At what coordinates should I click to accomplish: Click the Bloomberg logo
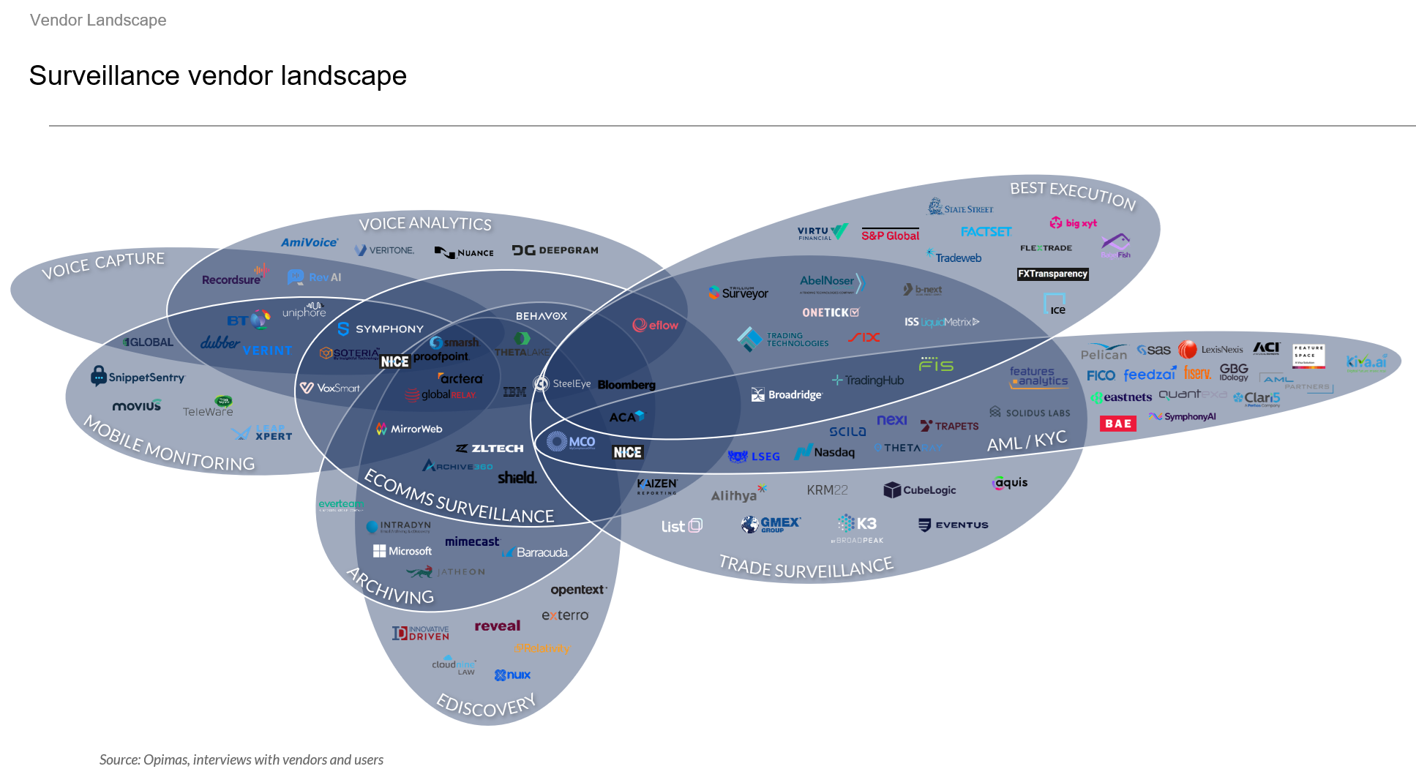coord(626,385)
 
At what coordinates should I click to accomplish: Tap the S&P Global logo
coord(890,235)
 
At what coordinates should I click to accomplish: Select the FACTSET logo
coord(986,232)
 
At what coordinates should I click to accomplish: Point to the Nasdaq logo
coord(825,452)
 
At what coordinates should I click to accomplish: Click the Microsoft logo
coord(402,551)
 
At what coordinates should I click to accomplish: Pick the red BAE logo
coord(1118,424)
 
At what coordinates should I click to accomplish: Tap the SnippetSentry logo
coord(138,377)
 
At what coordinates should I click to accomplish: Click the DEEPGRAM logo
coord(555,250)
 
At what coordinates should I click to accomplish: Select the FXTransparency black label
coord(1052,274)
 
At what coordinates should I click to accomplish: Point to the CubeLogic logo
coord(920,489)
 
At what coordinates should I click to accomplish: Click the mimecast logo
coord(472,541)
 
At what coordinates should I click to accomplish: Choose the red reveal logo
coord(497,626)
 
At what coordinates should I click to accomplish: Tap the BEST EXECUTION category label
coord(1072,195)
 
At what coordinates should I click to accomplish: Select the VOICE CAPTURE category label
coord(103,265)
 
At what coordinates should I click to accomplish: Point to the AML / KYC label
coord(1027,441)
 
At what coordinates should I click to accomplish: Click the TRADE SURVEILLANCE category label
coord(806,566)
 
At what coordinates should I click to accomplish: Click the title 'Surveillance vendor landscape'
coord(217,75)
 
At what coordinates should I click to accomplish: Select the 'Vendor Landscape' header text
coord(98,20)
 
